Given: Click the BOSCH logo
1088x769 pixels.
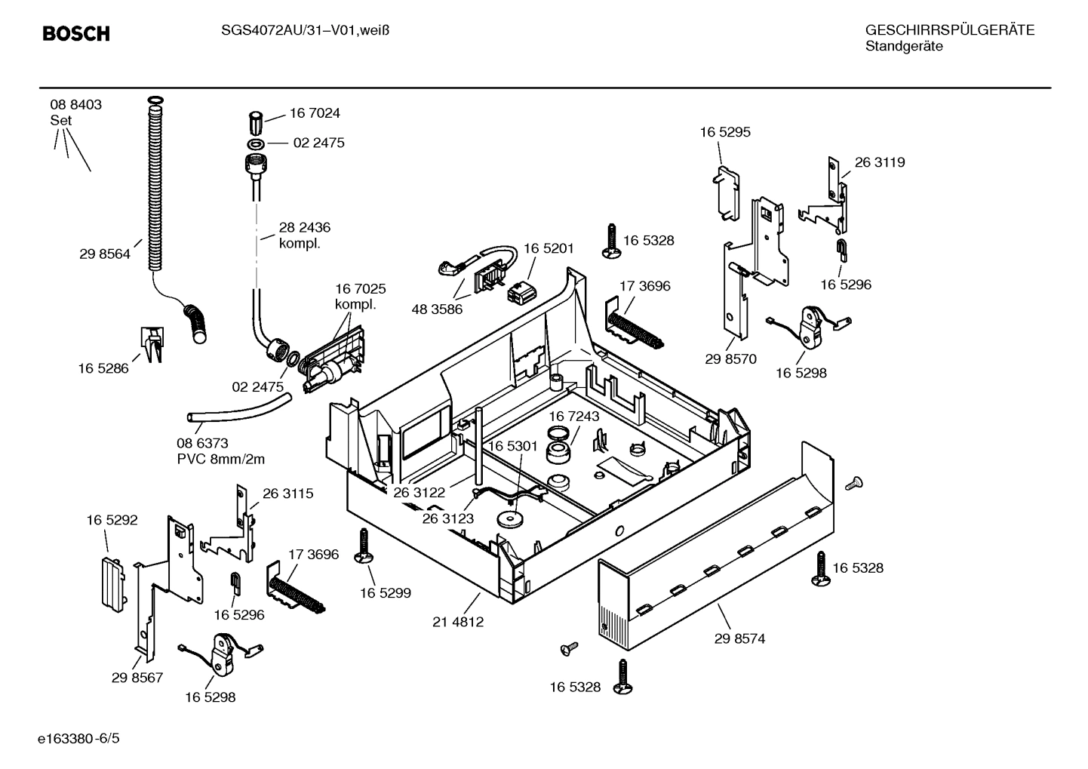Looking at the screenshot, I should [x=76, y=34].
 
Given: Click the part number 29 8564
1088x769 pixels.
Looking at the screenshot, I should [x=105, y=254].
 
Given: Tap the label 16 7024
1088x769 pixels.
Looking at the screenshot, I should [x=315, y=113].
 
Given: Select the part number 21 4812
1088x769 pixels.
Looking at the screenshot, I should [x=458, y=622].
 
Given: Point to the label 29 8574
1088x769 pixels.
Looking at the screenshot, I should [x=739, y=638].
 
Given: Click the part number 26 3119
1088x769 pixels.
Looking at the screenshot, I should [x=880, y=162].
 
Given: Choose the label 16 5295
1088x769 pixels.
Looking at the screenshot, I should [x=725, y=132].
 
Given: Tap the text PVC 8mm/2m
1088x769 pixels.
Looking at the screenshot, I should [x=221, y=459].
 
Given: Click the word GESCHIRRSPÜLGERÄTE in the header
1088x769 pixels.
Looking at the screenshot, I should [x=950, y=30].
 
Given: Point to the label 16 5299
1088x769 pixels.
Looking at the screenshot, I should [x=386, y=593].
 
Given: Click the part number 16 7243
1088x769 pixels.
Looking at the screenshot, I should [x=574, y=417].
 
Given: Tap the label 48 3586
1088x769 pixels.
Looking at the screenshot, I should [x=437, y=309].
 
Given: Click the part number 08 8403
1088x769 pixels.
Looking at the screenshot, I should [x=76, y=105].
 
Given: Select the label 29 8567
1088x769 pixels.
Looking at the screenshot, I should [x=137, y=678].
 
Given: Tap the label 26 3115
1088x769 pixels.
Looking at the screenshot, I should [x=288, y=494].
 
